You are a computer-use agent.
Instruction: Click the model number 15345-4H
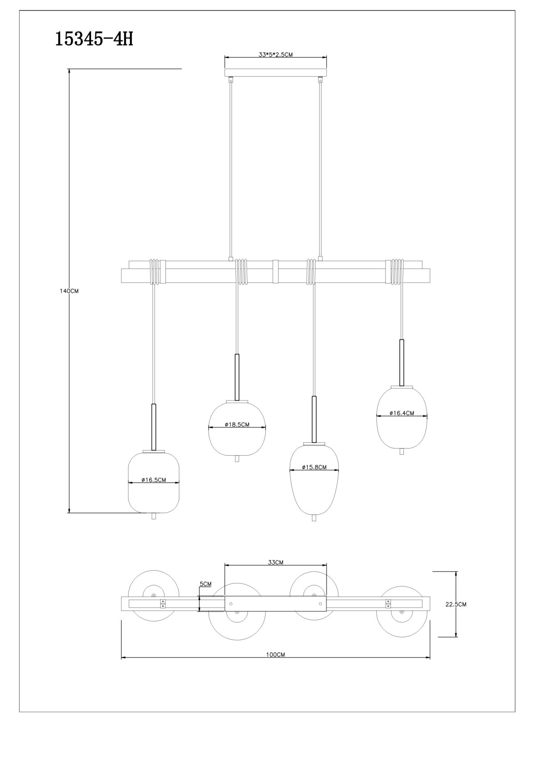pyautogui.click(x=94, y=39)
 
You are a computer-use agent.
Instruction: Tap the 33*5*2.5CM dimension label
pyautogui.click(x=276, y=55)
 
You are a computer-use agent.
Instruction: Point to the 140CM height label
pyautogui.click(x=69, y=291)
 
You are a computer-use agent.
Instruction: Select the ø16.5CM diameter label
pyautogui.click(x=154, y=480)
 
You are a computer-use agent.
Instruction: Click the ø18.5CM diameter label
pyautogui.click(x=237, y=425)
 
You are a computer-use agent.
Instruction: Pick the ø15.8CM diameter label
pyautogui.click(x=314, y=467)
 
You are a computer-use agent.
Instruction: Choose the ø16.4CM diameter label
pyautogui.click(x=402, y=413)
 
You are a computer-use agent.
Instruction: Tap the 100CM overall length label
pyautogui.click(x=276, y=654)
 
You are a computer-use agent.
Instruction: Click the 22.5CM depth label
pyautogui.click(x=456, y=604)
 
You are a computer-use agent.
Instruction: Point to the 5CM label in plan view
pyautogui.click(x=206, y=584)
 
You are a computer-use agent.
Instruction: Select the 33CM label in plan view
pyautogui.click(x=276, y=562)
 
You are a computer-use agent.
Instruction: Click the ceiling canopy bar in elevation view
pyautogui.click(x=276, y=73)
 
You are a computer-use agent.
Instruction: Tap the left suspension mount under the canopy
pyautogui.click(x=231, y=80)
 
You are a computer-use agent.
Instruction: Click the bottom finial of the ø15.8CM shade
pyautogui.click(x=314, y=527)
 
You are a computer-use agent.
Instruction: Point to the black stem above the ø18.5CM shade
pyautogui.click(x=237, y=377)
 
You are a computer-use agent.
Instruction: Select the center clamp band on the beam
pyautogui.click(x=276, y=272)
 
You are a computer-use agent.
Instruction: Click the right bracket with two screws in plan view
pyautogui.click(x=388, y=604)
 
